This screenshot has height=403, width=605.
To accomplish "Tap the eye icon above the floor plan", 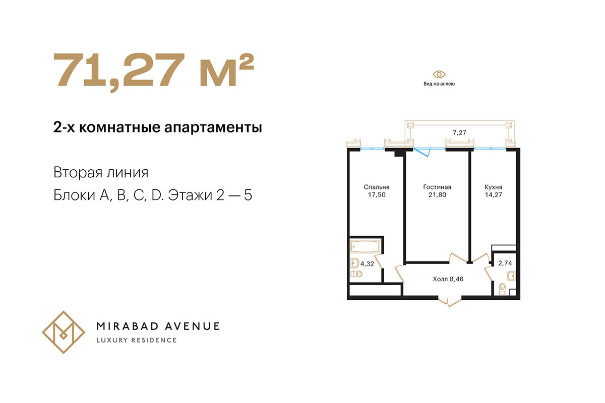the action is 439,74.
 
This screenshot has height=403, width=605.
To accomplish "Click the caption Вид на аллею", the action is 439,84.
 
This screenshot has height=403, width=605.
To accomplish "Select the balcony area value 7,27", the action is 459,132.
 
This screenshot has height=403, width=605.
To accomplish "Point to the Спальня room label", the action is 377,187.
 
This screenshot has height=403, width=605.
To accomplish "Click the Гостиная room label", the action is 437,187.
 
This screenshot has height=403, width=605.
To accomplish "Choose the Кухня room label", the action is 494,187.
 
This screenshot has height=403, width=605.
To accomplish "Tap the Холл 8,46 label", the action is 448,279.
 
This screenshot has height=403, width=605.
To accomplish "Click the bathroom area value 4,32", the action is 367,264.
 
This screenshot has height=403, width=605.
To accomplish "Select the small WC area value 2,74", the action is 505,263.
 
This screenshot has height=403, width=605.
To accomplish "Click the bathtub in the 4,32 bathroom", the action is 366,246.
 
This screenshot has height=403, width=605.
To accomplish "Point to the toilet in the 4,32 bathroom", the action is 356,274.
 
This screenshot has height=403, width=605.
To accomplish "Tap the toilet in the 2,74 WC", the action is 502,290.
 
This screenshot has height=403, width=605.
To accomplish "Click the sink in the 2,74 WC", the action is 511,277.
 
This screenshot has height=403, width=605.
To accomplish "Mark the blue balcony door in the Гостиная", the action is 421,152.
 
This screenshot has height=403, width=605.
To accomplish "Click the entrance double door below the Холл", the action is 449,302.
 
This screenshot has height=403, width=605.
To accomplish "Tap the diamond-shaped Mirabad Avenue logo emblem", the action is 64,332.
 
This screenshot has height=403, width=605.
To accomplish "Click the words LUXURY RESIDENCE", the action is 137,341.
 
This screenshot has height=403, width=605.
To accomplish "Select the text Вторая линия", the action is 101,172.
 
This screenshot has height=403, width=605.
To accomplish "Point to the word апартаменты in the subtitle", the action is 213,127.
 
